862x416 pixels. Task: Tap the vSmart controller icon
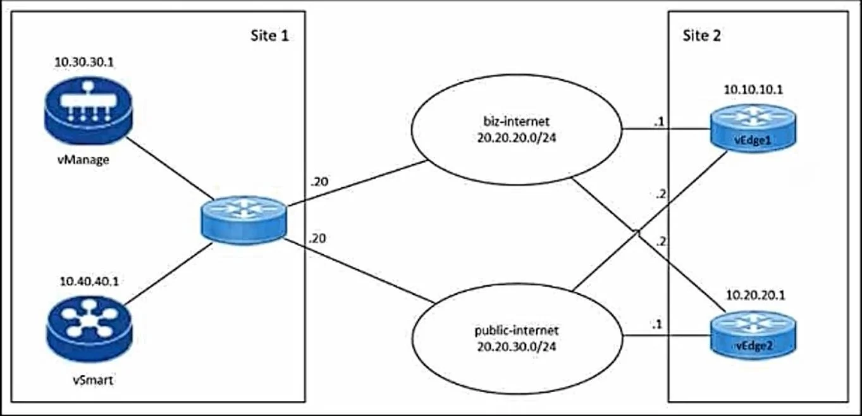click(x=89, y=329)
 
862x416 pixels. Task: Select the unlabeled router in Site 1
click(x=244, y=220)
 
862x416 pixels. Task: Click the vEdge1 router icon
click(x=753, y=128)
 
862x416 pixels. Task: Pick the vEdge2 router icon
click(x=753, y=335)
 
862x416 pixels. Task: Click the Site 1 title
click(x=269, y=36)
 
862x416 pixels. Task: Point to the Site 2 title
click(x=701, y=36)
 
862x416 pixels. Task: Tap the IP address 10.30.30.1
click(x=84, y=62)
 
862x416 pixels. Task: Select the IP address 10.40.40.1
click(x=89, y=281)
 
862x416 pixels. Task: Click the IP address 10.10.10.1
click(x=753, y=90)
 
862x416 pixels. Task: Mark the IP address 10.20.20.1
click(x=755, y=295)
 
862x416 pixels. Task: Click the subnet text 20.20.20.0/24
click(x=517, y=138)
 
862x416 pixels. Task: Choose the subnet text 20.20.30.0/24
click(x=517, y=346)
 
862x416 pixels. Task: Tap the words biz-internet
click(x=517, y=121)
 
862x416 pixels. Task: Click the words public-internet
click(x=517, y=330)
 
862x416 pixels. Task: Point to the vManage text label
click(x=83, y=160)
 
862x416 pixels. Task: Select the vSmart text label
click(x=93, y=380)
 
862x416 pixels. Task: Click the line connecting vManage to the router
click(x=170, y=168)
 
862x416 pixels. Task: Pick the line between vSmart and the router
click(x=168, y=274)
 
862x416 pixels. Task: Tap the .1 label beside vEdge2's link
click(x=657, y=325)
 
